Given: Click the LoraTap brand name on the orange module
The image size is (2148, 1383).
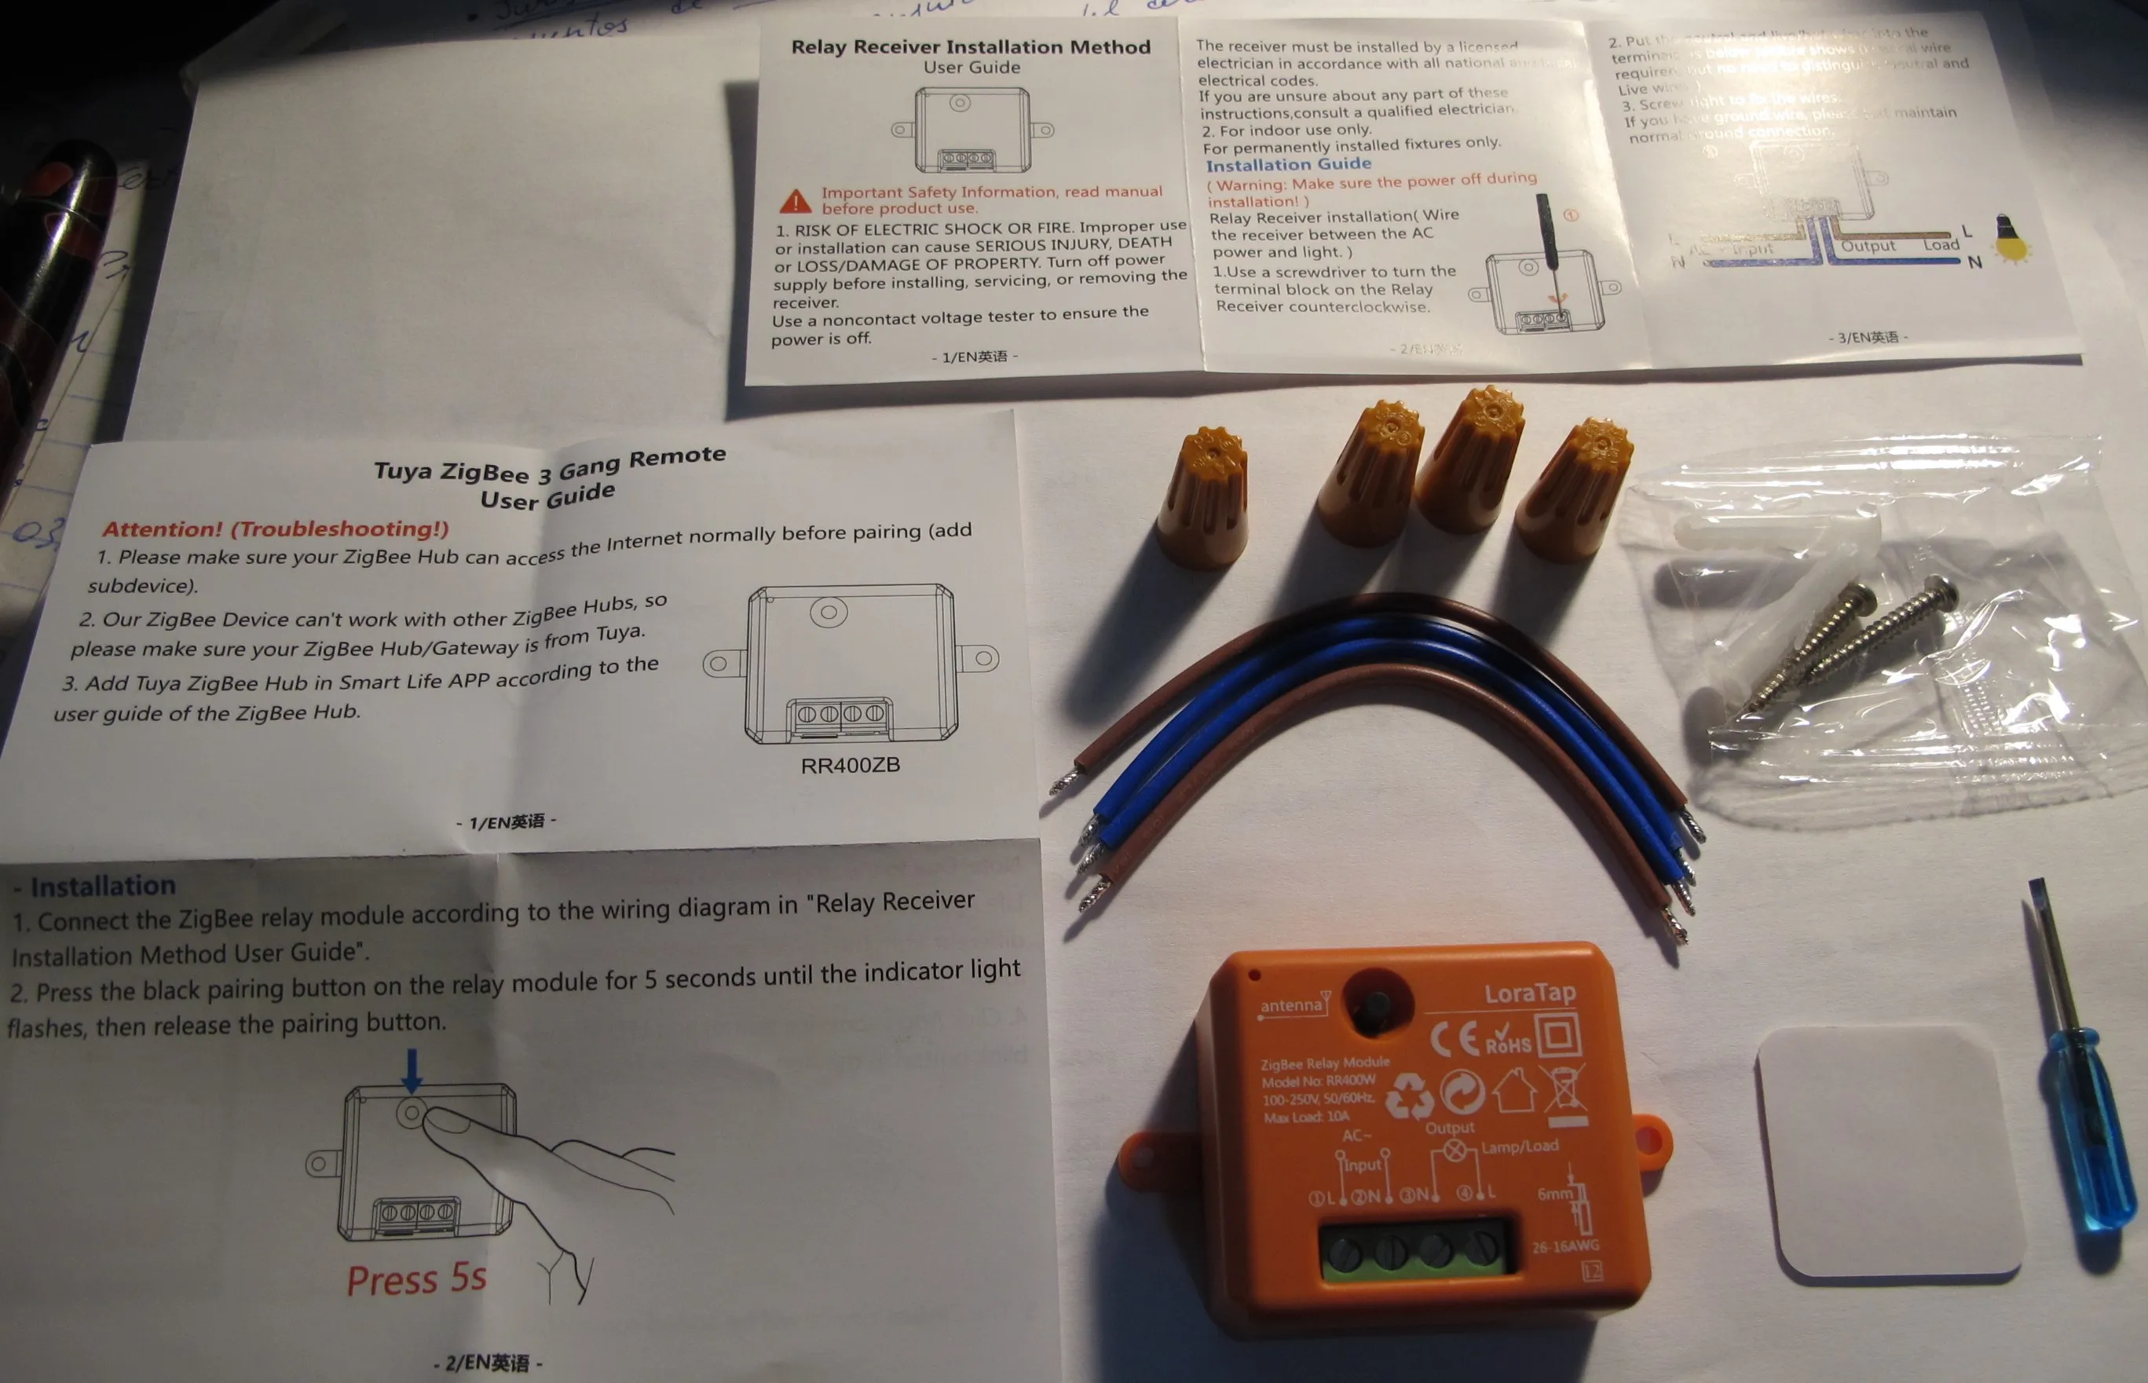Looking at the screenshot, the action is click(x=1529, y=993).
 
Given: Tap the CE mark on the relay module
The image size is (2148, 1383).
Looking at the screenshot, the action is click(x=1455, y=1039).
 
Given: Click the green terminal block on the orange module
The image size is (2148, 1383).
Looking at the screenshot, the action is click(x=1414, y=1249).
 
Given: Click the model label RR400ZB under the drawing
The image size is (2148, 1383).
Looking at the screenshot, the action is click(x=850, y=765).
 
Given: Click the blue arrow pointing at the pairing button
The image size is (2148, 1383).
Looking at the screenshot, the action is click(x=412, y=1070).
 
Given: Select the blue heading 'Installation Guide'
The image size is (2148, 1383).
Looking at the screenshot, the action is click(x=1288, y=164).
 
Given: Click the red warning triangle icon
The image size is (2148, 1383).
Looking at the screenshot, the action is click(x=795, y=201).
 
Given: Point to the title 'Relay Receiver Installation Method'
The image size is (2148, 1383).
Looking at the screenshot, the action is click(x=970, y=46).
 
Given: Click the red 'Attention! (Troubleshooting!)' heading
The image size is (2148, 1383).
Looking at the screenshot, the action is click(x=275, y=529).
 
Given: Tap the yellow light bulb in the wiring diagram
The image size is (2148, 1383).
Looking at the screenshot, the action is click(x=2011, y=239).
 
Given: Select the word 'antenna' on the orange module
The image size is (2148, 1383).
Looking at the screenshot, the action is click(x=1291, y=1006).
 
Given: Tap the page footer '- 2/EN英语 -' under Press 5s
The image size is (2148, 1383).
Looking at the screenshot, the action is click(x=489, y=1363).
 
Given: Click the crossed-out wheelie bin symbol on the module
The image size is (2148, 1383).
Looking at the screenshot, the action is click(x=1564, y=1090).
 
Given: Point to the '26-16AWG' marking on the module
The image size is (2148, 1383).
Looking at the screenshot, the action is click(x=1565, y=1246).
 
